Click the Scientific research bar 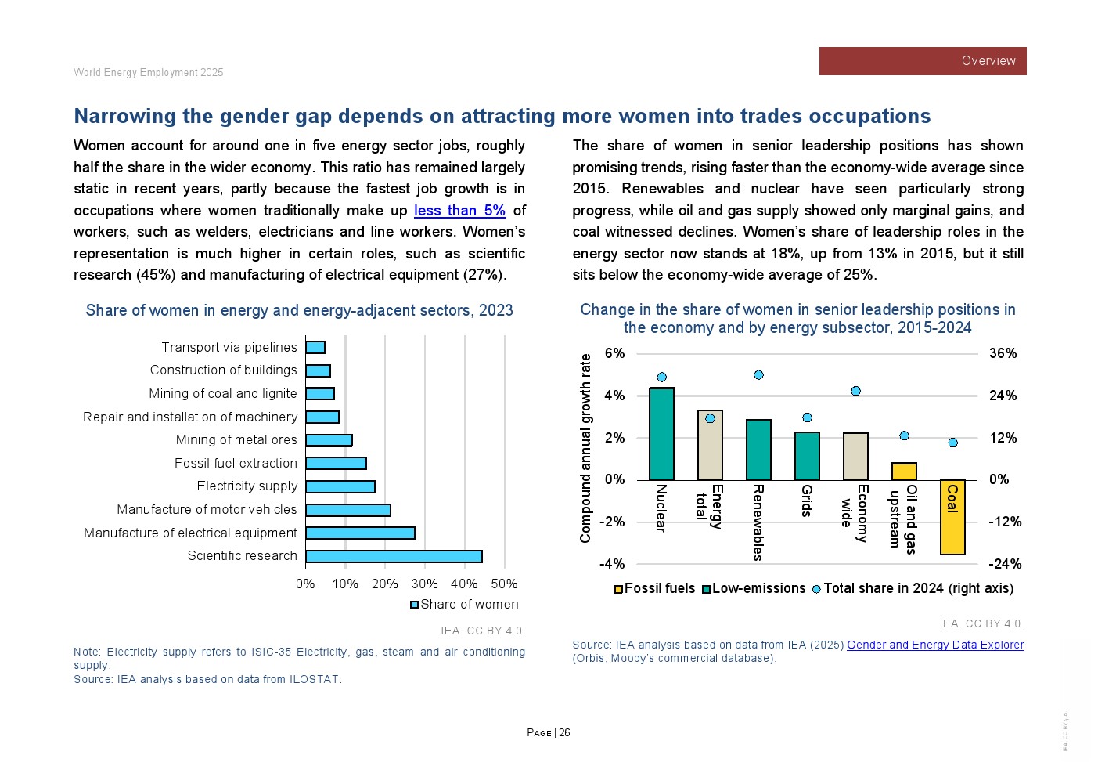pos(394,556)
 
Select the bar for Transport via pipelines pos(315,347)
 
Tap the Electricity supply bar pos(340,486)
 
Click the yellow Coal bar pos(952,517)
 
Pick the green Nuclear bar pos(661,434)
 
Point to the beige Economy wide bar pos(855,456)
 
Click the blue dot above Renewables pos(758,375)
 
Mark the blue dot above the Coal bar pos(952,443)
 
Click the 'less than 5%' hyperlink pos(459,211)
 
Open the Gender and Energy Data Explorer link pos(935,645)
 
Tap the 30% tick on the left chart pos(424,584)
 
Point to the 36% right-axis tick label pos(1003,353)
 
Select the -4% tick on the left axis pos(612,564)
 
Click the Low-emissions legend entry pos(754,588)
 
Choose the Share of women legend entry pos(465,604)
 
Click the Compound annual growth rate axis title pos(585,448)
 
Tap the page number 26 pos(564,733)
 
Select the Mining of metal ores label pos(236,440)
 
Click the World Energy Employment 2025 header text pos(149,72)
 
